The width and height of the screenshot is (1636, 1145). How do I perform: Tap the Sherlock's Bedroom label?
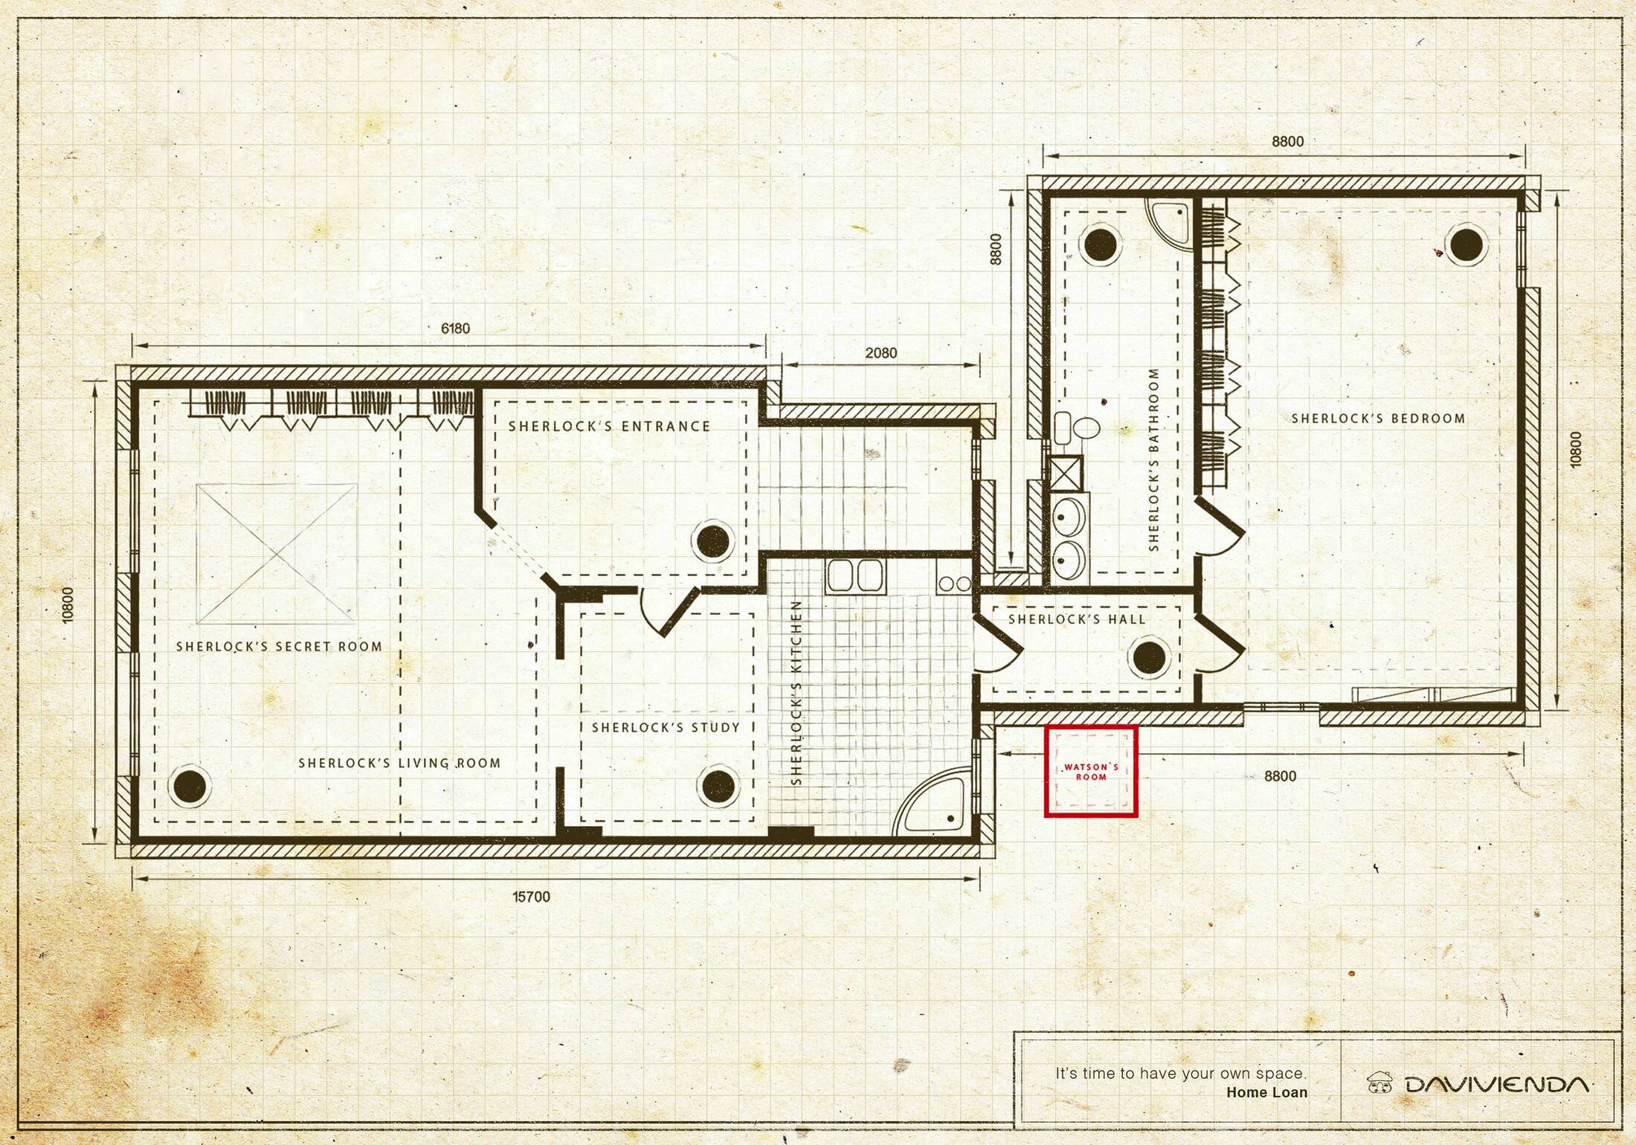pos(1378,419)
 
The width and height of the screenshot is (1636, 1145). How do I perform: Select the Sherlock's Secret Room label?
pos(279,647)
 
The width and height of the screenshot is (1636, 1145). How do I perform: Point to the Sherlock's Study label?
pos(666,727)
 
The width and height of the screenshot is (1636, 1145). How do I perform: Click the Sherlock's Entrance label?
pos(609,426)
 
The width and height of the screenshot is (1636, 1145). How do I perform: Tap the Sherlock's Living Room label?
pos(399,763)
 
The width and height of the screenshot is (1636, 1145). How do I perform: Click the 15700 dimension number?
pos(532,897)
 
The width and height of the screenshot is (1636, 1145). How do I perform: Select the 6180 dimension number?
pos(455,329)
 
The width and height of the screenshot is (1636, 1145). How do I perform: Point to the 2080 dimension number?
pos(880,353)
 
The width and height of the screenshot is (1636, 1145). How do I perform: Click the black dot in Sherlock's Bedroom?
pos(1466,245)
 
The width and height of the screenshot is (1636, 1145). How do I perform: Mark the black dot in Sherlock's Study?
pos(718,787)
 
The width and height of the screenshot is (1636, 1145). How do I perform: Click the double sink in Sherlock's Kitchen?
pos(854,576)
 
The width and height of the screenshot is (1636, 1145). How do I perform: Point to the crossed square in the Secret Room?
pos(276,554)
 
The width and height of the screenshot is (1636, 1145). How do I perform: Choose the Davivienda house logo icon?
pos(1380,1083)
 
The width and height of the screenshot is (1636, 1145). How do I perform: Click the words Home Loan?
pos(1267,1092)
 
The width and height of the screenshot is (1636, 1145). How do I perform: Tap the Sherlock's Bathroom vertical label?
pos(1154,459)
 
